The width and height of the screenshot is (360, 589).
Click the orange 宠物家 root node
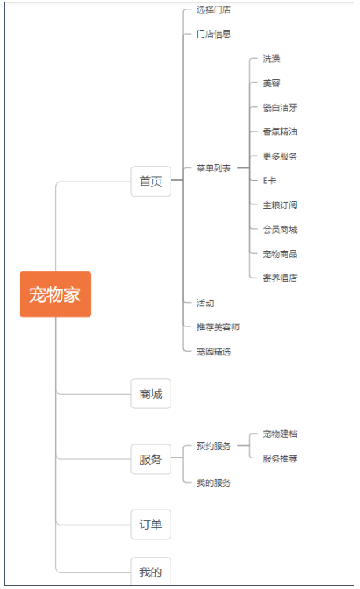pos(55,294)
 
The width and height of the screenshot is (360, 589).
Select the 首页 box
pos(151,181)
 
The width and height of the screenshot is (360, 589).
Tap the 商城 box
pos(151,393)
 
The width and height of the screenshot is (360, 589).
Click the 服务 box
pos(151,458)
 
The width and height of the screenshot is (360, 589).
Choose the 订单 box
pos(151,524)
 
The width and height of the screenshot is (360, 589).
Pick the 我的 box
pos(151,572)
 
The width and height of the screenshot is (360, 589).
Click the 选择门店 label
pos(213,10)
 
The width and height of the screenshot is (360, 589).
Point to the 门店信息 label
pos(213,34)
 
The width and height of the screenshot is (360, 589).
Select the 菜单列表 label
pos(213,168)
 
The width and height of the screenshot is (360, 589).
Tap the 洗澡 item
pos(271,59)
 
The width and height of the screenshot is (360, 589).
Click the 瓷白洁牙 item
pos(280,108)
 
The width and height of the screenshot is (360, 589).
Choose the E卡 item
pos(270,181)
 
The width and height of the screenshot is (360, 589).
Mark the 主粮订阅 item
pos(280,205)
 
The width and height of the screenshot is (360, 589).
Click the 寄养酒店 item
pos(280,278)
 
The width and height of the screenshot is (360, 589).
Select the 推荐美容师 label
pos(218,327)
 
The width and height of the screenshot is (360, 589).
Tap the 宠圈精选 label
pos(213,352)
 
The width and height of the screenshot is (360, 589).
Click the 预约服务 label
pos(213,446)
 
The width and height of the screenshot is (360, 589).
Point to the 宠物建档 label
pos(280,434)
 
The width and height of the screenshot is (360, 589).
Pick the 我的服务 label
pos(213,483)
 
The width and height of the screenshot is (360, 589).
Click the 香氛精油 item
pos(280,132)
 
